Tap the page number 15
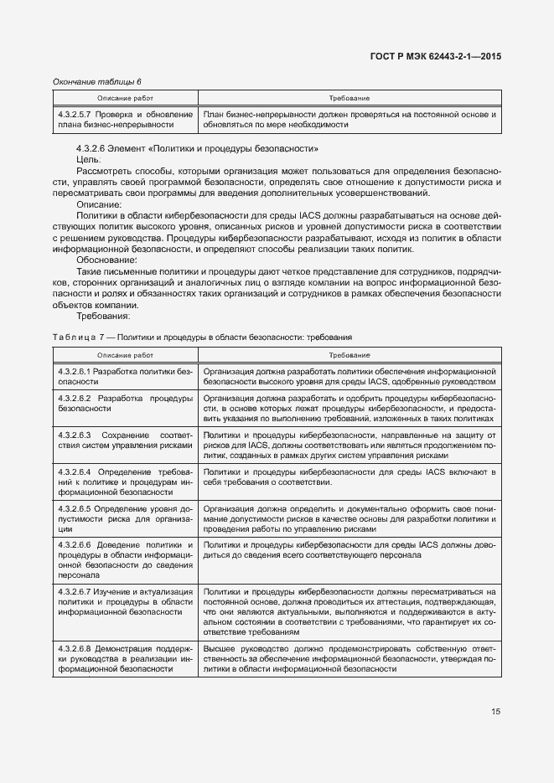495,712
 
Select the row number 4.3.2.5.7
75,114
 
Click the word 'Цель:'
89,159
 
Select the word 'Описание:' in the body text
98,204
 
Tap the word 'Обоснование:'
106,260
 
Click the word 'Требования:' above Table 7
103,317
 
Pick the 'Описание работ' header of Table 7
124,356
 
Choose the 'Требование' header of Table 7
349,356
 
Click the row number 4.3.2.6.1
75,370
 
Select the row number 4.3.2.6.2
75,398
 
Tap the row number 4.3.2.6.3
75,436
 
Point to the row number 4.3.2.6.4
75,473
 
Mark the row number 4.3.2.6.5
75,508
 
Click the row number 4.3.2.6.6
75,544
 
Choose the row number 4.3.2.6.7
75,591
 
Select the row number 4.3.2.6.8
75,648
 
